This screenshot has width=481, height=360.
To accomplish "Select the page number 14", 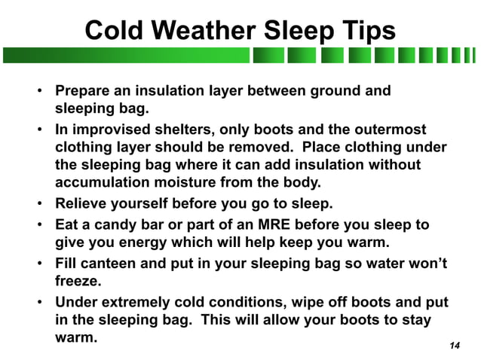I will tap(454, 345).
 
